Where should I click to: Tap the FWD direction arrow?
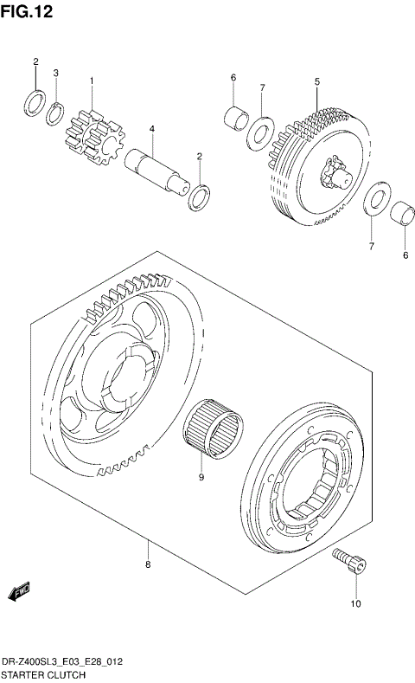[19, 592]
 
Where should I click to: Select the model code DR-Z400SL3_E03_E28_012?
[61, 660]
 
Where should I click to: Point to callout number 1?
[91, 81]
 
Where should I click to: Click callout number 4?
[151, 129]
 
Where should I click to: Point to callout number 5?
[316, 81]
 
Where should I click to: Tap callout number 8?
[148, 565]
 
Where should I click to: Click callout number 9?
[201, 476]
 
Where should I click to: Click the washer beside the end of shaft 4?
[199, 196]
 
